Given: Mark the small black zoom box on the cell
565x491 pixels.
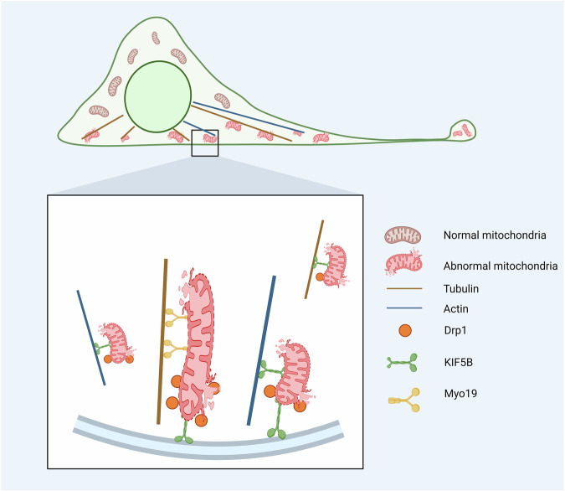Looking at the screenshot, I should (205, 142).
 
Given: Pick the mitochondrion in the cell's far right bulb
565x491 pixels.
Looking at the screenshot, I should (460, 131).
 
